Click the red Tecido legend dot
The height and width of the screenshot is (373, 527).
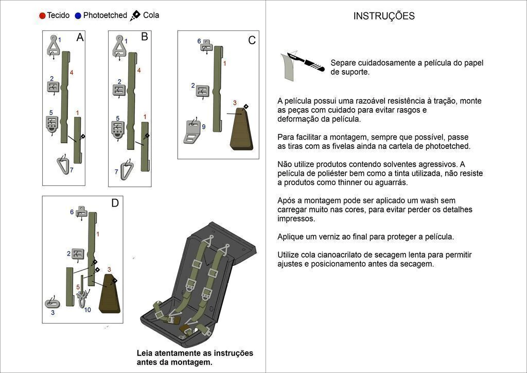(42, 15)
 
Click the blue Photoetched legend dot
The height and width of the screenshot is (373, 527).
(78, 15)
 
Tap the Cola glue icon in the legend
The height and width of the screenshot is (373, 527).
(135, 15)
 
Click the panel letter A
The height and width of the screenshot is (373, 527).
(80, 38)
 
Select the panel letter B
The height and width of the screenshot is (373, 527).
(144, 37)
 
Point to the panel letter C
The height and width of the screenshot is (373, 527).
(252, 41)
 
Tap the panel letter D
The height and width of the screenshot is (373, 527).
(115, 203)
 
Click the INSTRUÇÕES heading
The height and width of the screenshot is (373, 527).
(384, 16)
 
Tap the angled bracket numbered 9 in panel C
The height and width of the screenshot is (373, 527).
(192, 132)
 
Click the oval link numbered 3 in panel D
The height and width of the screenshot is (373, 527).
(52, 303)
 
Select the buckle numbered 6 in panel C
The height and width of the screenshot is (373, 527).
(206, 46)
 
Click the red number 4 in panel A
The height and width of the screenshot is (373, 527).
(72, 73)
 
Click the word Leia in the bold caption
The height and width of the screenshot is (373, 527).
(146, 353)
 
